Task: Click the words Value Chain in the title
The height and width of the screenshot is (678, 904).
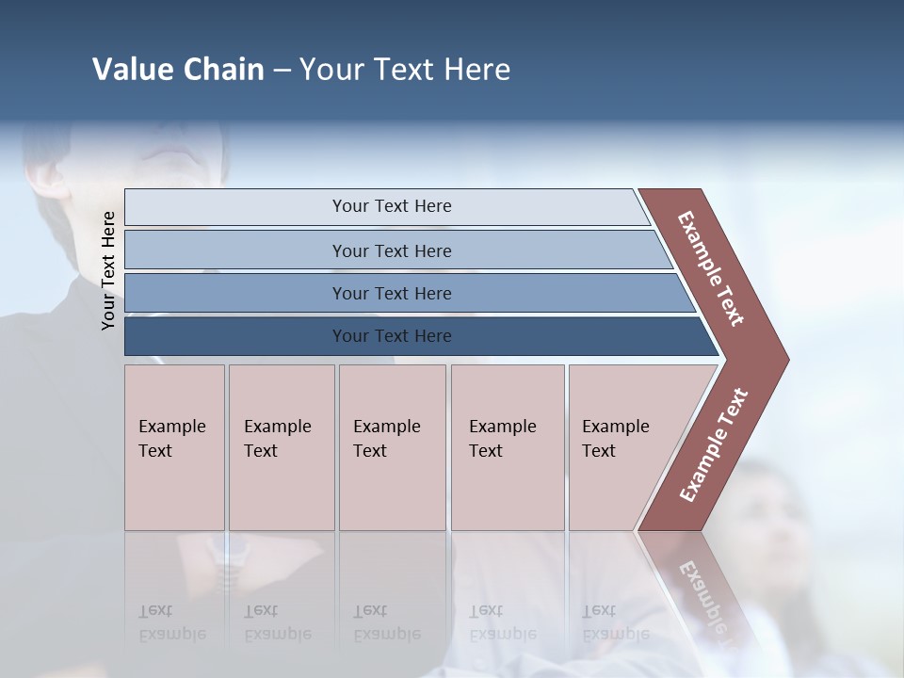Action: pyautogui.click(x=178, y=70)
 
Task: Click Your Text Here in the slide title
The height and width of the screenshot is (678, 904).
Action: pyautogui.click(x=405, y=70)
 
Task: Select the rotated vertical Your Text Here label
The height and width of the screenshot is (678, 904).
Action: pyautogui.click(x=109, y=270)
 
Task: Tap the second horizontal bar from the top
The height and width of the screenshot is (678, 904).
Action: pyautogui.click(x=391, y=250)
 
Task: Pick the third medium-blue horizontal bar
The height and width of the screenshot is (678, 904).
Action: pyautogui.click(x=391, y=293)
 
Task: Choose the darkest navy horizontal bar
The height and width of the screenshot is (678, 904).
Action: pyautogui.click(x=391, y=336)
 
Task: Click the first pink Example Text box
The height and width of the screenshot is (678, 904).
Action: pyautogui.click(x=174, y=447)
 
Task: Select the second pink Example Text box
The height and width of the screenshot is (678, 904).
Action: pyautogui.click(x=281, y=447)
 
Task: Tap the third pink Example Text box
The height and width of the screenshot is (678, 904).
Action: pyautogui.click(x=391, y=447)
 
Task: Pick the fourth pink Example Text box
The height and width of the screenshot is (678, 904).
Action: pyautogui.click(x=507, y=447)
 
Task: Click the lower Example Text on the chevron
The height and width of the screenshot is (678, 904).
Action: pyautogui.click(x=714, y=444)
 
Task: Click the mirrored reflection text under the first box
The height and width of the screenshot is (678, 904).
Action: pyautogui.click(x=171, y=622)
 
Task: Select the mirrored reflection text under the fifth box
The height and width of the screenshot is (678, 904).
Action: pyautogui.click(x=615, y=622)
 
